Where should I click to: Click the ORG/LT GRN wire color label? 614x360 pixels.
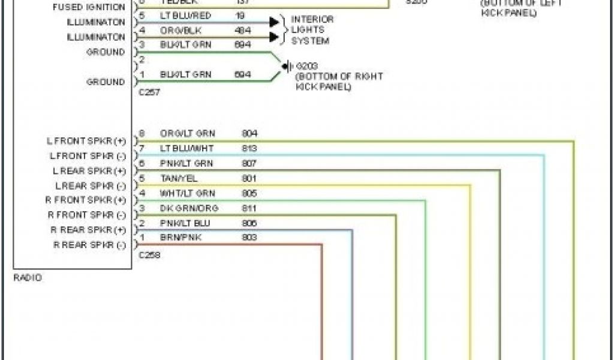coord(187,133)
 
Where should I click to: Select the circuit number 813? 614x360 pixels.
coord(249,148)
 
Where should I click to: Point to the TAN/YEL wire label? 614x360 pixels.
coord(179,178)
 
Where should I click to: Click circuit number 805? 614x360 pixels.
coord(249,193)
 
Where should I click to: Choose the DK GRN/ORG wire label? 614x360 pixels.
coord(189,208)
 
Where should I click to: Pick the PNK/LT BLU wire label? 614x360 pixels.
coord(185,223)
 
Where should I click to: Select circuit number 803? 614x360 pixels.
coord(249,238)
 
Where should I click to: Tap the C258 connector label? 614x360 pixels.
coord(149,255)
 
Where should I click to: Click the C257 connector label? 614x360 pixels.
coord(149,92)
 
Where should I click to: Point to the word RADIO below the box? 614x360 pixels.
coord(28,278)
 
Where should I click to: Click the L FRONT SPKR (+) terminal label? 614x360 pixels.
coord(86,141)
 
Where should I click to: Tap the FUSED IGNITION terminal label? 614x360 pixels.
coord(89,8)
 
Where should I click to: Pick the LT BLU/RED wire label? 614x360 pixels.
coord(185,14)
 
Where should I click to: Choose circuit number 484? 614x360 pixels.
coord(243,29)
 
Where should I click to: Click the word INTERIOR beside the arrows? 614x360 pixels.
coord(312,19)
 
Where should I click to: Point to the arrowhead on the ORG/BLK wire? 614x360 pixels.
coord(274,37)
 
